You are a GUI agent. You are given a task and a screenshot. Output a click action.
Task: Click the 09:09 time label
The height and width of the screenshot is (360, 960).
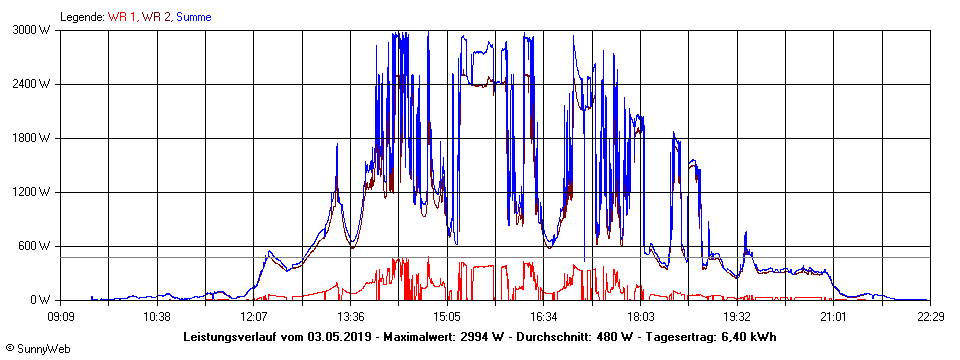[x=61, y=316]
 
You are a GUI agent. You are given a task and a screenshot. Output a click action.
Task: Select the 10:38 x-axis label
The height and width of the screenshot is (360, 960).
[x=158, y=316]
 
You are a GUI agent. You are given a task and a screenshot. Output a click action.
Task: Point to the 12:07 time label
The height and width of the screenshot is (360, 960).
[x=254, y=316]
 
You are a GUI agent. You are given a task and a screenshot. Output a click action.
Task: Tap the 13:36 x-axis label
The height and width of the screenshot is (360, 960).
[x=351, y=316]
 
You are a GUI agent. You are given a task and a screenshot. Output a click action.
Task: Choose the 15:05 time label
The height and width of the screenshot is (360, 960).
[x=447, y=316]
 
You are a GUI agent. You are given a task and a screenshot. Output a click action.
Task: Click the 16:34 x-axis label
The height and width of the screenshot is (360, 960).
[x=544, y=316]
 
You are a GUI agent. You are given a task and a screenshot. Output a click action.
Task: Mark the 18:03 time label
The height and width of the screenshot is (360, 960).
[x=641, y=316]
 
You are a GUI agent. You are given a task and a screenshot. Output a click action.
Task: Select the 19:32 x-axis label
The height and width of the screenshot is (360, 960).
[x=737, y=316]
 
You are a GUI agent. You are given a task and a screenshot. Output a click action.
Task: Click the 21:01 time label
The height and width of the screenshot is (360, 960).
[x=834, y=316]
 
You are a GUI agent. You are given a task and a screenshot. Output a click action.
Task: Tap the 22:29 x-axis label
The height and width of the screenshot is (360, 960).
[x=930, y=316]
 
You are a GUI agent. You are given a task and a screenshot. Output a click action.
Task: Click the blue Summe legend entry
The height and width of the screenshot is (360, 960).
[x=193, y=17]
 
